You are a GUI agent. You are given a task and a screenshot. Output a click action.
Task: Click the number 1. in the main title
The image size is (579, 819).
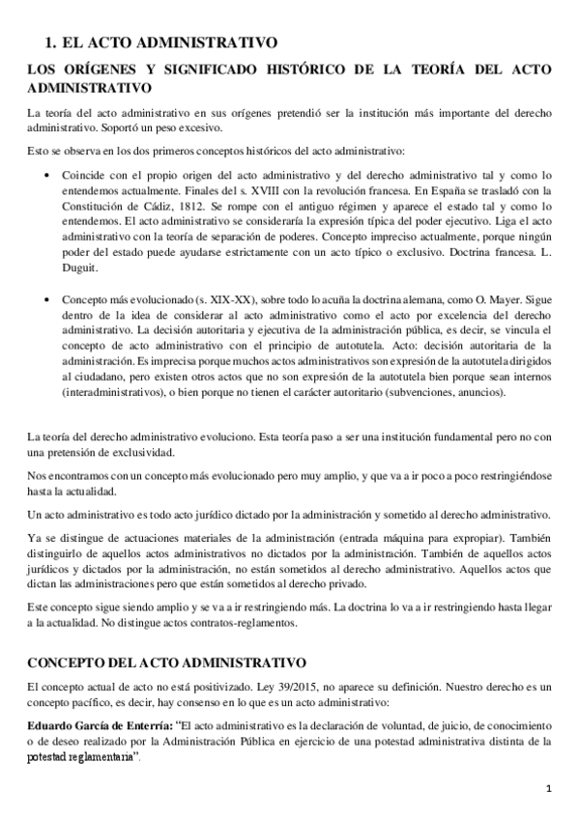click(x=52, y=42)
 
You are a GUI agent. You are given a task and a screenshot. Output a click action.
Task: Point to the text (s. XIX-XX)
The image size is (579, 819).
click(x=195, y=300)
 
